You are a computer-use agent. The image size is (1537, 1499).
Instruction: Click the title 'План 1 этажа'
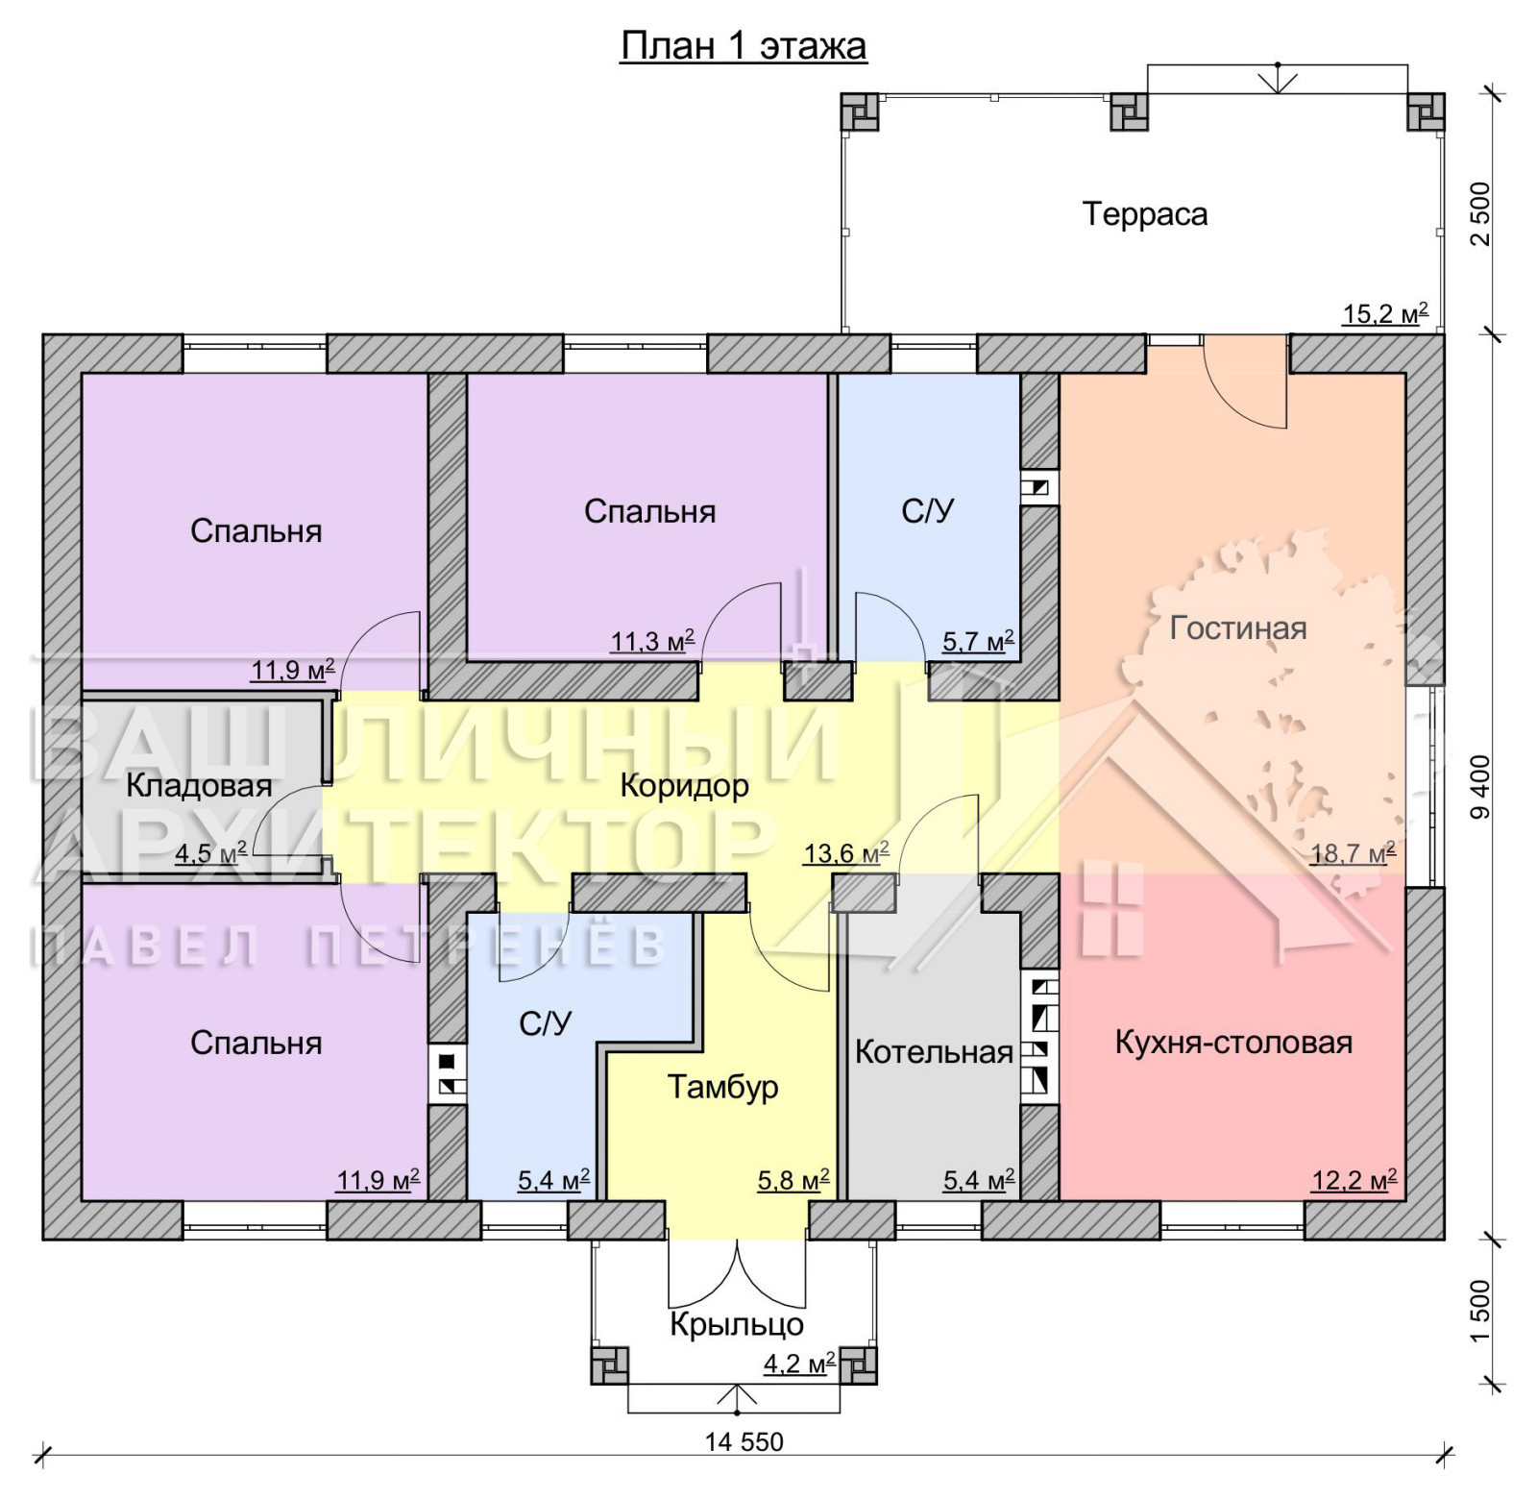pyautogui.click(x=744, y=46)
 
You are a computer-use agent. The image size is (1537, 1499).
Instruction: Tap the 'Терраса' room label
pyautogui.click(x=1145, y=213)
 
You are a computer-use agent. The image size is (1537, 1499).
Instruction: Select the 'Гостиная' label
pyautogui.click(x=1238, y=627)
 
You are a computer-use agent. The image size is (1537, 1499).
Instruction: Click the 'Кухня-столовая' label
pyautogui.click(x=1233, y=1042)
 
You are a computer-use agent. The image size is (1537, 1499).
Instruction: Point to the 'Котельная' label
pyautogui.click(x=934, y=1052)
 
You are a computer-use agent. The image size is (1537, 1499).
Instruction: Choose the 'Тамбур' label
pyautogui.click(x=722, y=1087)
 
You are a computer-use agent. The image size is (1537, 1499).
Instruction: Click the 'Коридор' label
pyautogui.click(x=684, y=785)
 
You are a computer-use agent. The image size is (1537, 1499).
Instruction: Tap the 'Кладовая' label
pyautogui.click(x=199, y=785)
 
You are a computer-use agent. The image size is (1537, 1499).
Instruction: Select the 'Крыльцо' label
pyautogui.click(x=737, y=1324)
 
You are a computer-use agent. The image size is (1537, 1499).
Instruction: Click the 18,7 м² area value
pyautogui.click(x=1353, y=852)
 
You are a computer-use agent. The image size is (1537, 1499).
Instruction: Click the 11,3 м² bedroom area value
pyautogui.click(x=652, y=640)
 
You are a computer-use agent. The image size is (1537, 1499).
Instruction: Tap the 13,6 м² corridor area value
pyautogui.click(x=845, y=851)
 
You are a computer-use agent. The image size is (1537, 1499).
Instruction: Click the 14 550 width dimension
pyautogui.click(x=744, y=1441)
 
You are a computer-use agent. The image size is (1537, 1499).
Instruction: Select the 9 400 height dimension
pyautogui.click(x=1480, y=787)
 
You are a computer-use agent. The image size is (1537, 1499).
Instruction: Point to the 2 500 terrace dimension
pyautogui.click(x=1480, y=213)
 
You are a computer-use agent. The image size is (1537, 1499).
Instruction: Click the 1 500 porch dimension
pyautogui.click(x=1480, y=1311)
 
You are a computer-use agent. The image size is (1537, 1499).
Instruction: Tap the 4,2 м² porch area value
pyautogui.click(x=799, y=1363)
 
